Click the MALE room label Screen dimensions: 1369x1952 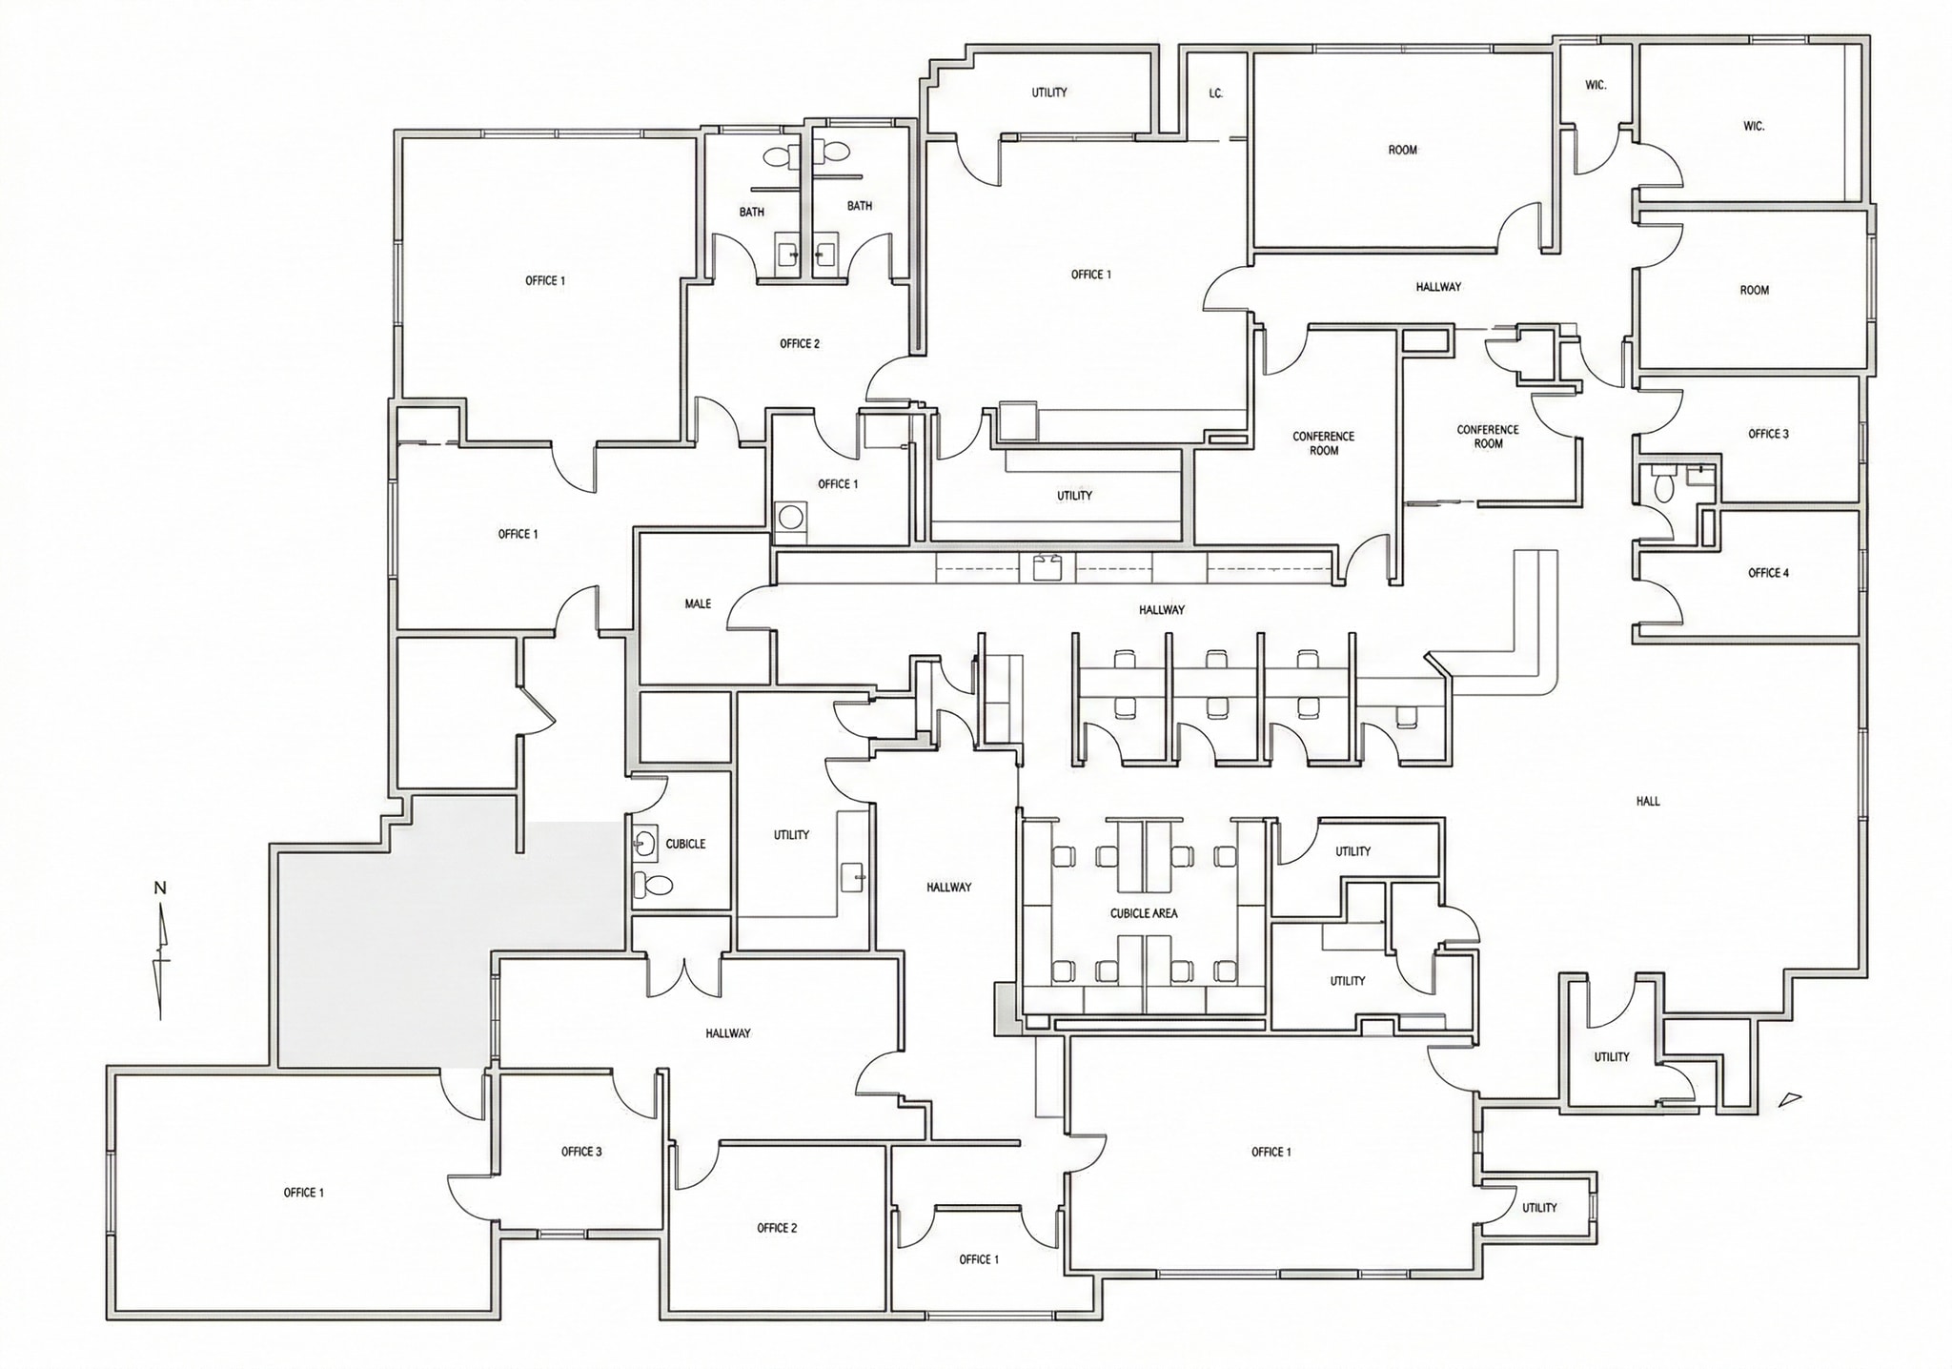pyautogui.click(x=698, y=603)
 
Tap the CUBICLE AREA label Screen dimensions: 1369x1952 pyautogui.click(x=1144, y=913)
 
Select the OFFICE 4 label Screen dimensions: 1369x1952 pyautogui.click(x=1768, y=573)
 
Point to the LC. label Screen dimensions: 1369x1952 pyautogui.click(x=1216, y=93)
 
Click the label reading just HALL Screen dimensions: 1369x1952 pyautogui.click(x=1648, y=802)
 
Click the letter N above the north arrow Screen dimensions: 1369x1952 pyautogui.click(x=160, y=889)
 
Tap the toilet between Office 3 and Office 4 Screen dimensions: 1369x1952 pyautogui.click(x=1663, y=485)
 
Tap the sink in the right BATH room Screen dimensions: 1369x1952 pyautogui.click(x=825, y=253)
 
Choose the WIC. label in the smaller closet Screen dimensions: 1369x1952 pyautogui.click(x=1596, y=85)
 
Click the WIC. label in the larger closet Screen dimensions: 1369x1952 pyautogui.click(x=1754, y=126)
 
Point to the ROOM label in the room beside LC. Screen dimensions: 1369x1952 pyautogui.click(x=1402, y=150)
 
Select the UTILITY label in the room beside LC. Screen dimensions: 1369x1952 pyautogui.click(x=1049, y=92)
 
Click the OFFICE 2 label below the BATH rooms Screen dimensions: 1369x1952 pyautogui.click(x=800, y=344)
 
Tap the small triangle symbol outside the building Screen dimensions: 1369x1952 pyautogui.click(x=1791, y=1098)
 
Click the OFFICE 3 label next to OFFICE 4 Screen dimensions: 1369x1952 pyautogui.click(x=1768, y=434)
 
